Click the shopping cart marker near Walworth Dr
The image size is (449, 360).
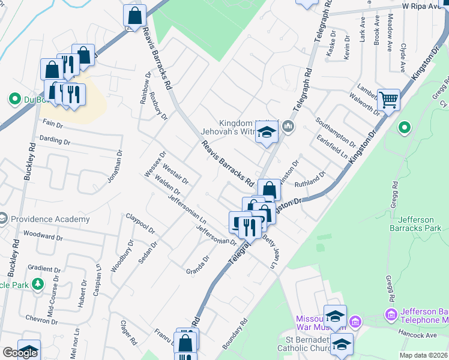point(389,99)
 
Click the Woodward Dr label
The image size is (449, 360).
point(43,235)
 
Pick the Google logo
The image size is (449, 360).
point(20,353)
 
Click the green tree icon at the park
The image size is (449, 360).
point(38,283)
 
